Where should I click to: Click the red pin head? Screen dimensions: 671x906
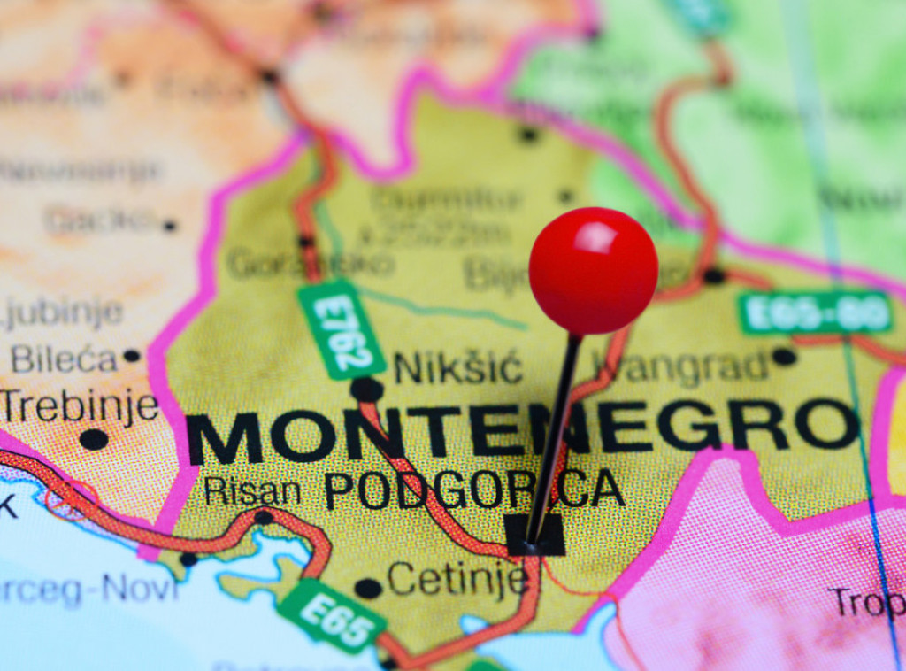click(x=593, y=271)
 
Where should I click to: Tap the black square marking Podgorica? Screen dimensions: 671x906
click(x=535, y=535)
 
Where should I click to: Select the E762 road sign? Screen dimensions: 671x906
click(x=342, y=329)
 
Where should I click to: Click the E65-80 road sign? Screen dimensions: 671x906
click(x=815, y=312)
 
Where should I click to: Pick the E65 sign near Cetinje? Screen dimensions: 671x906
click(x=332, y=616)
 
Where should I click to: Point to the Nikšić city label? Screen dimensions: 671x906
click(x=457, y=366)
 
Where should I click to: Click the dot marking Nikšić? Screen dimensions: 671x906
click(x=366, y=389)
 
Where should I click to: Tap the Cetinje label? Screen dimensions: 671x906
click(x=457, y=580)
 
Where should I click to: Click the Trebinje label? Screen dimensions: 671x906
click(x=80, y=406)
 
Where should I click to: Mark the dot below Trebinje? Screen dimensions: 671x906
click(x=94, y=439)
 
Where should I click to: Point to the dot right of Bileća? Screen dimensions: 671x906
click(x=132, y=356)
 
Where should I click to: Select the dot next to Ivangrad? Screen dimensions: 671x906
click(x=783, y=357)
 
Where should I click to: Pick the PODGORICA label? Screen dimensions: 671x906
click(x=474, y=489)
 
